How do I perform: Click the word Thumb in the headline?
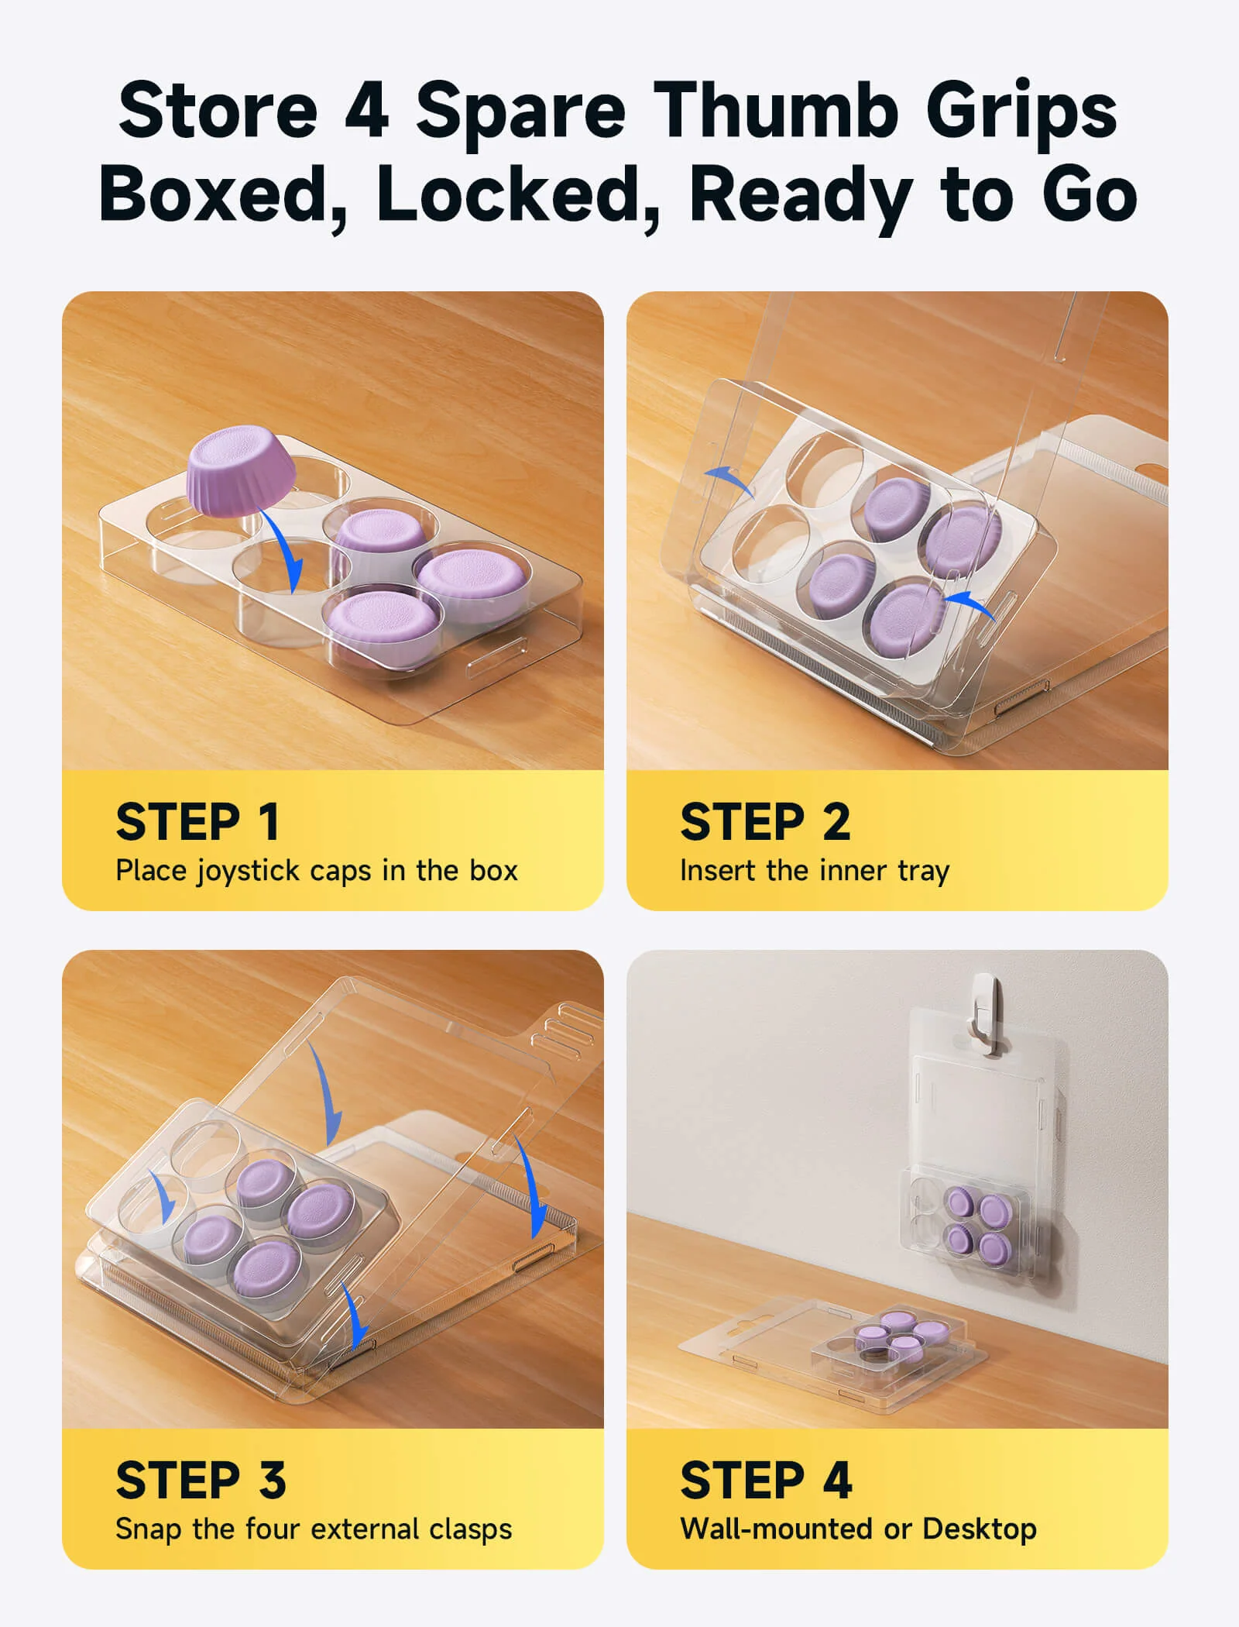(x=776, y=110)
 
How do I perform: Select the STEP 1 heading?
(x=197, y=821)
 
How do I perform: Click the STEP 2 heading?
(x=765, y=821)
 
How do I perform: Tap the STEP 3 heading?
(x=201, y=1480)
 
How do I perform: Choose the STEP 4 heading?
(x=766, y=1480)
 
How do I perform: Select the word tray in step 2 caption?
(x=923, y=872)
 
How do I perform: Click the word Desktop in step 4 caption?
(x=980, y=1529)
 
